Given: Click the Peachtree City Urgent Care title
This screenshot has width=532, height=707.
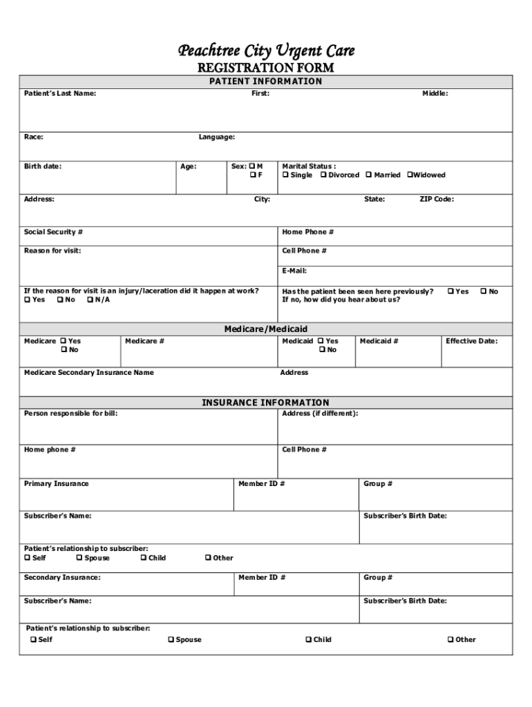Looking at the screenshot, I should [x=266, y=50].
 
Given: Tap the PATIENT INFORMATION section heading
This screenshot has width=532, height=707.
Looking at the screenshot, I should [x=266, y=81].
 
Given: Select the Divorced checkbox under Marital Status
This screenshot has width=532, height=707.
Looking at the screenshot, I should [x=323, y=175].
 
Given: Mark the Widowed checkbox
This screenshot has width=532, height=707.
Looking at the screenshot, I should [x=410, y=175].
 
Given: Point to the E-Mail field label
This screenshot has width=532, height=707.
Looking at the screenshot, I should [x=294, y=271].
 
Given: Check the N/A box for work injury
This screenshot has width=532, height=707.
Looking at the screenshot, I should [x=90, y=300].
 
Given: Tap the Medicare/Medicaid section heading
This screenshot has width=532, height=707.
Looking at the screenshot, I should [x=266, y=329].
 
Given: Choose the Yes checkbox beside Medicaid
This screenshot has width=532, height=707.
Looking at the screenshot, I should [x=321, y=341].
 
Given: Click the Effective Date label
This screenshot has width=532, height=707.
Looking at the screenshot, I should [x=471, y=341].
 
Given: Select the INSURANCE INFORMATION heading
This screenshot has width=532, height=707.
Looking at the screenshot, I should [x=266, y=403].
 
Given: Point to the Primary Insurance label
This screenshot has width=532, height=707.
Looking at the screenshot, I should [x=56, y=483].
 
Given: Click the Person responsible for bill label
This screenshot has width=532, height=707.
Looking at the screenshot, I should [x=66, y=414].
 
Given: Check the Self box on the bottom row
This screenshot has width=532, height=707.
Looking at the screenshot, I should [x=33, y=640].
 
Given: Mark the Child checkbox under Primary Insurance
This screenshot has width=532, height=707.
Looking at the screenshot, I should [x=143, y=558].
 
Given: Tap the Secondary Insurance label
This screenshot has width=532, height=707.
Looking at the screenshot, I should [x=61, y=577].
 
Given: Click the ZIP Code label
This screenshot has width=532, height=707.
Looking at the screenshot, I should [x=437, y=200].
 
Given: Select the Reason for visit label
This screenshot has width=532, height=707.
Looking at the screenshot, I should [x=53, y=251].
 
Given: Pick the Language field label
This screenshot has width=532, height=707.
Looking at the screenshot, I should [x=217, y=137].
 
